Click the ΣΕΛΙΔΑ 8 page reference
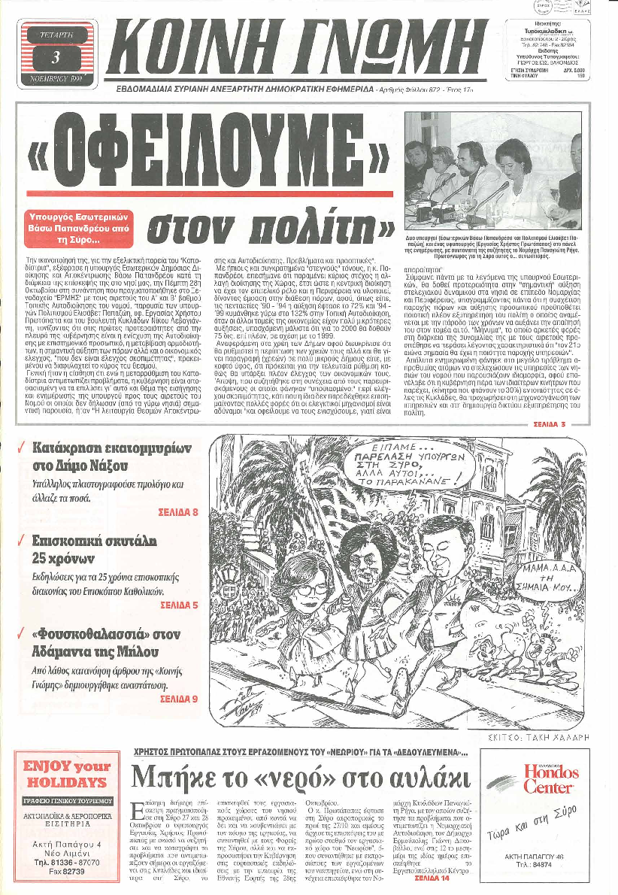pyautogui.click(x=178, y=512)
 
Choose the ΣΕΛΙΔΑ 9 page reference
pyautogui.click(x=178, y=698)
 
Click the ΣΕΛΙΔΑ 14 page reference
pyautogui.click(x=435, y=877)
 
